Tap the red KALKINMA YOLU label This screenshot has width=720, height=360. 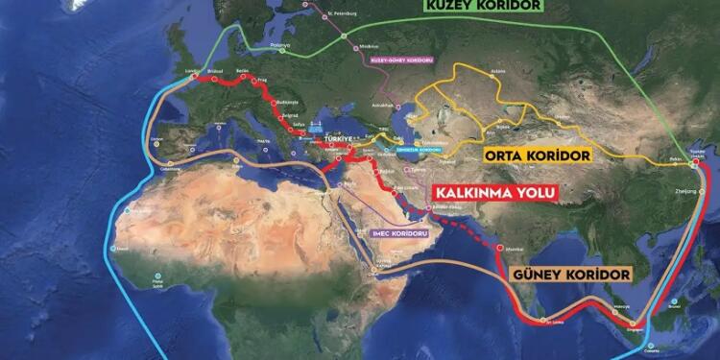click(495, 192)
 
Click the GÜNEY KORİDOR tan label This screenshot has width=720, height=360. click(574, 275)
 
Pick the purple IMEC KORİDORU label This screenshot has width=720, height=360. click(388, 230)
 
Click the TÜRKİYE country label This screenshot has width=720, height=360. click(342, 137)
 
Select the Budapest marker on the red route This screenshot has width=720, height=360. click(278, 102)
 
